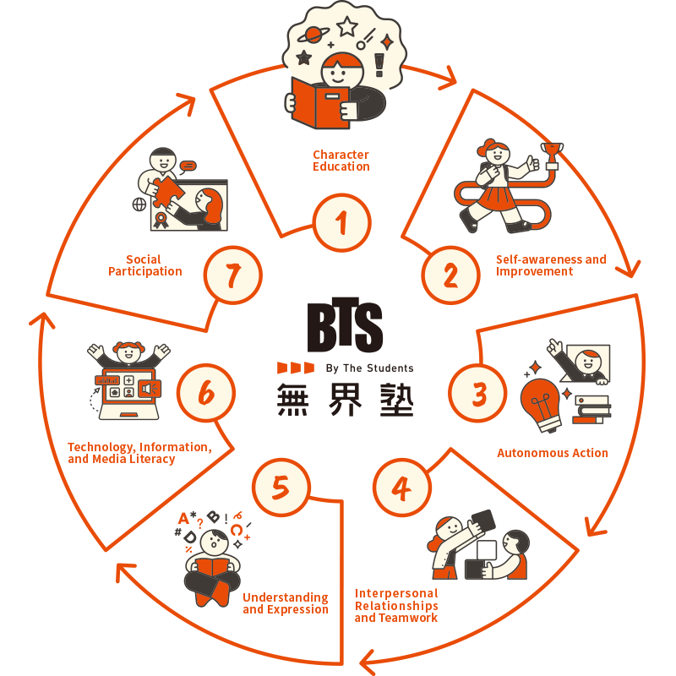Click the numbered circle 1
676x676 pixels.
click(341, 225)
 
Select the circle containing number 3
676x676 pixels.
click(479, 393)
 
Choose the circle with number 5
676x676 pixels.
click(281, 488)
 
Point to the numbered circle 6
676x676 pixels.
click(206, 393)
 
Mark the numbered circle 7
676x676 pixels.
click(233, 275)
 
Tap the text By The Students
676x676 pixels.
click(369, 368)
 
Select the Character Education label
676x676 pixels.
click(341, 161)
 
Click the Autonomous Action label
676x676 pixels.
click(552, 453)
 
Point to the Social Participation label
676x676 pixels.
click(144, 265)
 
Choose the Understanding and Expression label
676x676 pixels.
click(286, 603)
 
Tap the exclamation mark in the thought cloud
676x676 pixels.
click(378, 64)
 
